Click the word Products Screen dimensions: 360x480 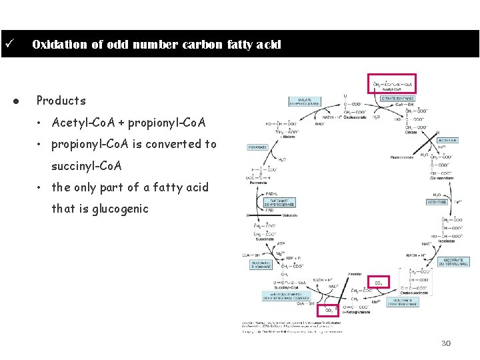[61, 101]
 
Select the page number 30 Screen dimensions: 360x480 [446, 343]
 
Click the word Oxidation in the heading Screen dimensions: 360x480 [59, 45]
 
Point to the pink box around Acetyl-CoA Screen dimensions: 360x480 [392, 83]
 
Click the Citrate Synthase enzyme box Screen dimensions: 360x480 [397, 99]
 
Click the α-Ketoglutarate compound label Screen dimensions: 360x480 [355, 311]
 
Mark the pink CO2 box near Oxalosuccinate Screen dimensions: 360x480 [379, 283]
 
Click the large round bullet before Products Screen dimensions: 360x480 [14, 101]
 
